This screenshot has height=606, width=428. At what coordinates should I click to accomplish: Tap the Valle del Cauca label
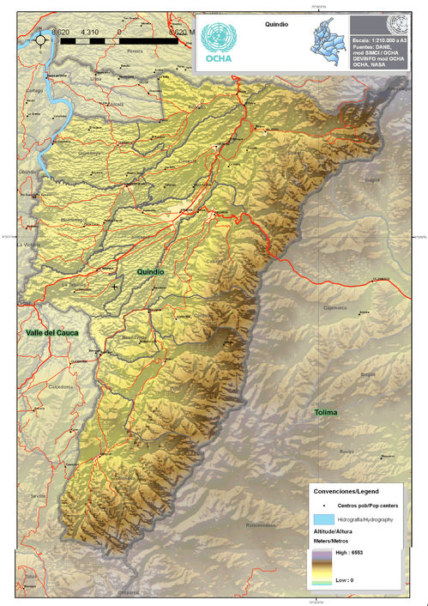click(x=51, y=331)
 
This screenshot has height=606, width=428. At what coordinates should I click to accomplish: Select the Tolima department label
click(x=324, y=413)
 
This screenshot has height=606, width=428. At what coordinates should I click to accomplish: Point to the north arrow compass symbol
click(x=40, y=39)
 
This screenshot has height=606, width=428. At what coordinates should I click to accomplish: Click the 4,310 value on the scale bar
click(x=89, y=31)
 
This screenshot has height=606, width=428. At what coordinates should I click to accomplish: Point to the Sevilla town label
click(x=37, y=496)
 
